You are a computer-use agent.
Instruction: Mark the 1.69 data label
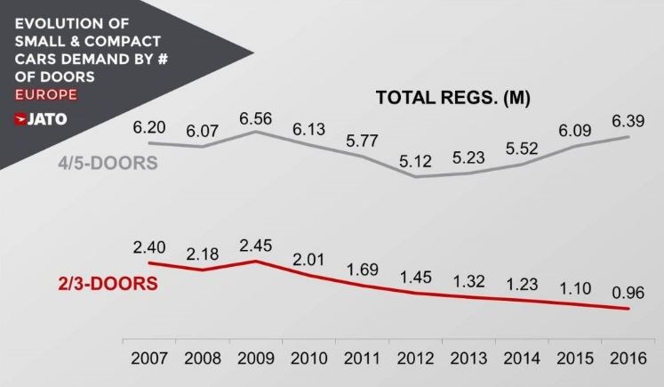(363, 268)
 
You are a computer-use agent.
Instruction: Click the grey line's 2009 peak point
(256, 132)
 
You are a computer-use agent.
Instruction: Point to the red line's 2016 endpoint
(629, 309)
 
